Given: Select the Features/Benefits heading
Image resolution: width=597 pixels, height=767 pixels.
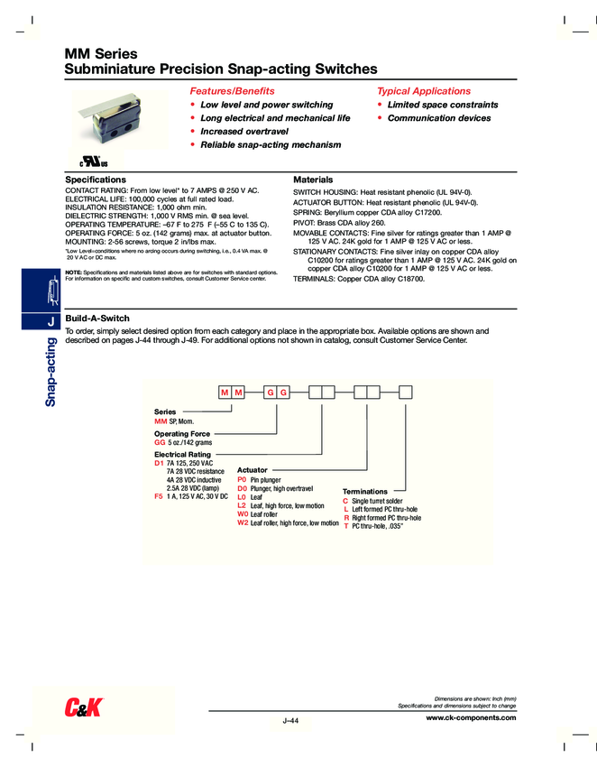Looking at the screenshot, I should [232, 91].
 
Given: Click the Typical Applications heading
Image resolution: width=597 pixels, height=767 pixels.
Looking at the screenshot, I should [423, 91].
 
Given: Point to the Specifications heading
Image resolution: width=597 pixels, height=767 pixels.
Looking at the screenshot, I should [96, 180].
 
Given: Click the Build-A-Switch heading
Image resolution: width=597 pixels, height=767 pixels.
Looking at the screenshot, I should [97, 319].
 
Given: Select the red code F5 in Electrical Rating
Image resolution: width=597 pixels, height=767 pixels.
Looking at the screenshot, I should [160, 496].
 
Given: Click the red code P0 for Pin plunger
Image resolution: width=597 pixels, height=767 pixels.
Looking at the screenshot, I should [242, 480].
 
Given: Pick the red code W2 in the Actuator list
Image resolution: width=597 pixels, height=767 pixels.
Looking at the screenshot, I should [242, 522].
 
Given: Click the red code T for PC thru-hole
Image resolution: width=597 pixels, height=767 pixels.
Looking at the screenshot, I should [345, 525].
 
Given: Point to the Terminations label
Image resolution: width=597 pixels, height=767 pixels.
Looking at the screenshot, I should [364, 491].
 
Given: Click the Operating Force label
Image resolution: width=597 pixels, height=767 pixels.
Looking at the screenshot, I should [183, 434].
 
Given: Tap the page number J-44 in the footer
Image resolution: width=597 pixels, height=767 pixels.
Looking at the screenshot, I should [290, 721].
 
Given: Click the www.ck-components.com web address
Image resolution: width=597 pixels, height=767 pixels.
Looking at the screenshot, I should [470, 717].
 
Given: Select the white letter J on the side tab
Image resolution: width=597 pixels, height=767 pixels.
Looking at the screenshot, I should [51, 321].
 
